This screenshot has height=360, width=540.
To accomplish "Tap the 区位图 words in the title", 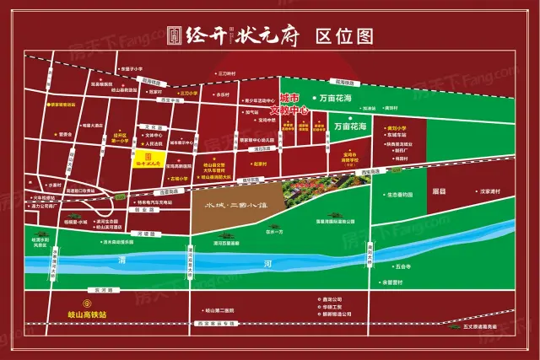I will pyautogui.click(x=344, y=35).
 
